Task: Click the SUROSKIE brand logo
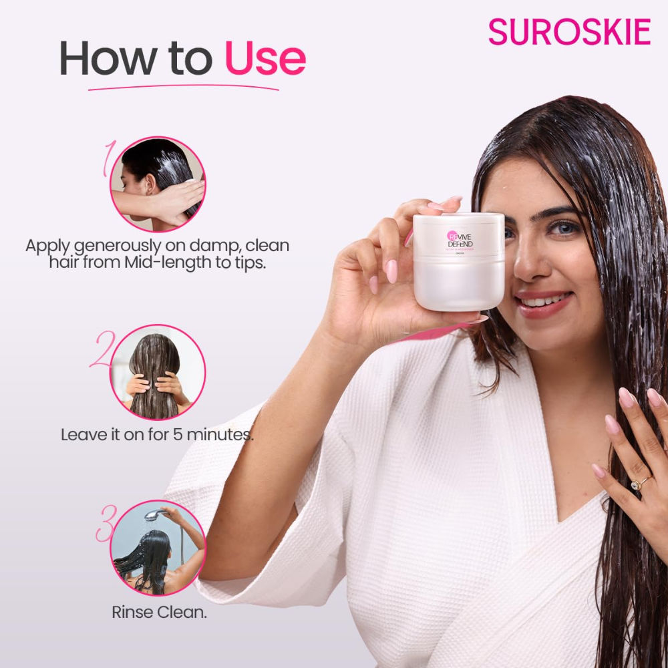pyautogui.click(x=569, y=32)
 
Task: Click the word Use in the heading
pyautogui.click(x=265, y=59)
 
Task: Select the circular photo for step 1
pyautogui.click(x=158, y=184)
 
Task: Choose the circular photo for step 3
pyautogui.click(x=158, y=548)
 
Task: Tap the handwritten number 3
pyautogui.click(x=106, y=524)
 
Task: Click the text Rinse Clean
pyautogui.click(x=159, y=612)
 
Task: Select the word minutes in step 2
pyautogui.click(x=220, y=435)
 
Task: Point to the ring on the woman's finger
pyautogui.click(x=640, y=483)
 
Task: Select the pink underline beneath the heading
pyautogui.click(x=184, y=86)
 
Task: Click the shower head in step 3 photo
pyautogui.click(x=153, y=515)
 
